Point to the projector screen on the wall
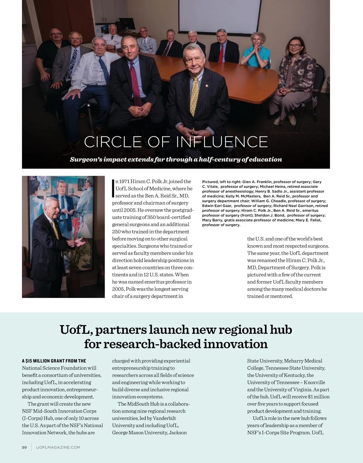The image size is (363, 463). (219, 17)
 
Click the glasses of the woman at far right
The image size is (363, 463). (295, 46)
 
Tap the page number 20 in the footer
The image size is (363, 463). (25, 447)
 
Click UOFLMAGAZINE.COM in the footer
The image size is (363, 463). (58, 447)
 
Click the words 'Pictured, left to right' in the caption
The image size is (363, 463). (221, 182)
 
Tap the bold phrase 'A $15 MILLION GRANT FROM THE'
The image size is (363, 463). (54, 361)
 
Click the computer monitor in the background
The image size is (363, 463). (127, 24)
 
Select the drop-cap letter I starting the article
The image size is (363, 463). (113, 188)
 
